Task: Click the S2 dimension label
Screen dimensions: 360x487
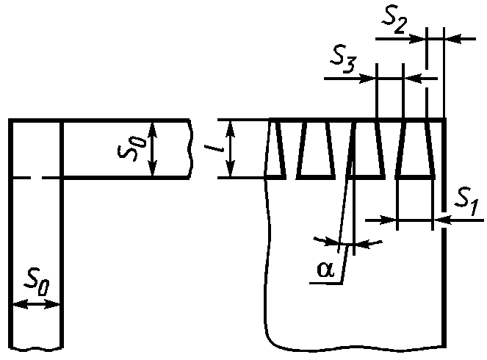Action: point(394,21)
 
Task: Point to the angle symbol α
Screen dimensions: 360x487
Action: point(325,270)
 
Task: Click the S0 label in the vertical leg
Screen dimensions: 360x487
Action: point(36,281)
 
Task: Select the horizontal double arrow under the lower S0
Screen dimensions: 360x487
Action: point(35,305)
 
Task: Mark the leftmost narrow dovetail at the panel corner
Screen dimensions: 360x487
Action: point(277,149)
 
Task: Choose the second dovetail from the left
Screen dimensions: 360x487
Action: point(316,149)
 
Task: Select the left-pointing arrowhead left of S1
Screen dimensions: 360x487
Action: point(441,218)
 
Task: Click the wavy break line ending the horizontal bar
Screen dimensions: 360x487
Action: point(192,148)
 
